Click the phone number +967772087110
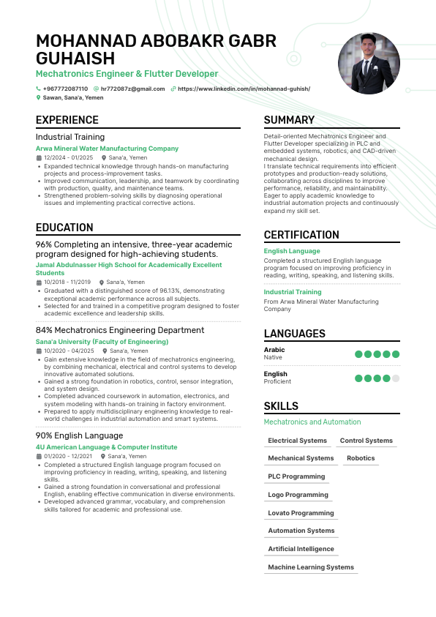(x=65, y=89)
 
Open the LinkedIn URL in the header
(x=244, y=89)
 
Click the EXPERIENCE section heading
(x=67, y=120)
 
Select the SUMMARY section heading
(x=289, y=120)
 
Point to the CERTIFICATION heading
(x=301, y=235)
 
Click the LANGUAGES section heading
(x=294, y=334)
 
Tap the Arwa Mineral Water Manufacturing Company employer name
(x=107, y=149)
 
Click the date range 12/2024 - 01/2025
(x=68, y=157)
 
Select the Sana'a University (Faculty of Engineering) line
(x=102, y=342)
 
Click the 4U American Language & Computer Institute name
(x=106, y=447)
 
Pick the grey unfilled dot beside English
(x=396, y=378)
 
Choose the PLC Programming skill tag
(x=296, y=476)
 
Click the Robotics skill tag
(x=361, y=458)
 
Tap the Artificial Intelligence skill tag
(x=301, y=549)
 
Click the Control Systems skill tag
(x=367, y=441)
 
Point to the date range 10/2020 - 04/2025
(x=69, y=351)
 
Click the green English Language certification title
(x=292, y=251)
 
